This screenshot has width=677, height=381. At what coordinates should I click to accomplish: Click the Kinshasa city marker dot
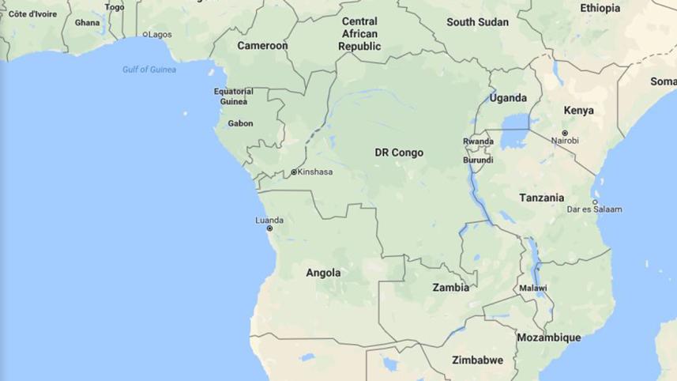click(294, 172)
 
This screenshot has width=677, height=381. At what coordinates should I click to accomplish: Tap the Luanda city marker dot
click(269, 228)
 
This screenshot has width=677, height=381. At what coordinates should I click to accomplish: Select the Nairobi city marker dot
click(565, 133)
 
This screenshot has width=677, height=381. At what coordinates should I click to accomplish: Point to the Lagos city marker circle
click(145, 35)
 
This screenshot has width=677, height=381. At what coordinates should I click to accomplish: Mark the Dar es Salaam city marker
click(595, 202)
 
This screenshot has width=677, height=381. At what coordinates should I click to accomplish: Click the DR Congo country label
click(399, 153)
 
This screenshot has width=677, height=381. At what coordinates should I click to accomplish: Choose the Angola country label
click(323, 273)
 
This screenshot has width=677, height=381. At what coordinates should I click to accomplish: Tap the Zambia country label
click(450, 288)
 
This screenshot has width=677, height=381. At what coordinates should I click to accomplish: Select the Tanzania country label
click(541, 198)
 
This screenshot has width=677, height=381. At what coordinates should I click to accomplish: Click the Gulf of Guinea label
click(149, 70)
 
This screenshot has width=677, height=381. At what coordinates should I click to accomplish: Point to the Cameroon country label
click(262, 46)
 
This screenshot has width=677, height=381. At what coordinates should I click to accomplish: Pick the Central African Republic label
click(359, 34)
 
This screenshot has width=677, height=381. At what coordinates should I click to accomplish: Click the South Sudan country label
click(477, 22)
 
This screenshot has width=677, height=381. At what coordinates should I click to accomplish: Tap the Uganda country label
click(508, 98)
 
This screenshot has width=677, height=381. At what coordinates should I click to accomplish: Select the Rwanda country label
click(478, 142)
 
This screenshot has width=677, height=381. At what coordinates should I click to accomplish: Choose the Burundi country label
click(478, 160)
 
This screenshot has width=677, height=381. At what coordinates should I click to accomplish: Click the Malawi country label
click(532, 289)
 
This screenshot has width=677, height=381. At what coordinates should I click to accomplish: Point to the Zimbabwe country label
click(477, 360)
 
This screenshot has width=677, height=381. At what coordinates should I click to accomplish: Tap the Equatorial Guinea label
click(234, 96)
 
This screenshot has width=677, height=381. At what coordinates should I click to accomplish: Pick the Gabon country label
click(240, 123)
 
